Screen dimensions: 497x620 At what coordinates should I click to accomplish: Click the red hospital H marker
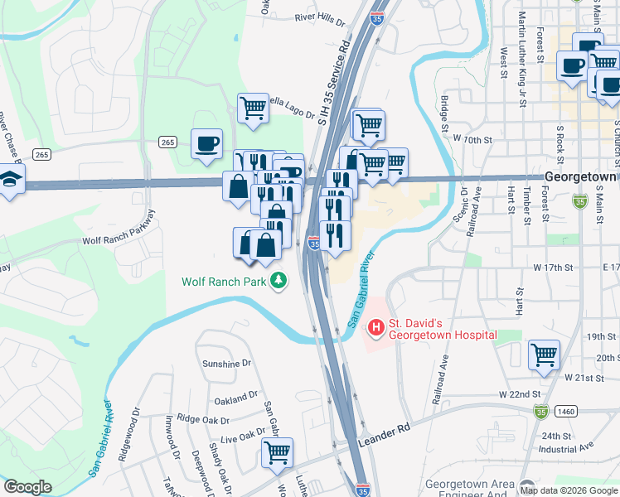click(376, 329)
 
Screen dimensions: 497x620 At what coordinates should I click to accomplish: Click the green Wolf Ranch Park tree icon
click(281, 282)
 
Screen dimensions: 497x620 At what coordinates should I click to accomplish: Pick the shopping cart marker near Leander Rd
click(278, 451)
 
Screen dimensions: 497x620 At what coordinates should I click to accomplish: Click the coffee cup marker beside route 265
click(206, 143)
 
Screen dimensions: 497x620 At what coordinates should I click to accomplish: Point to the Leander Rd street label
click(385, 437)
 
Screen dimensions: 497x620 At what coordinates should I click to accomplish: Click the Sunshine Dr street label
click(226, 364)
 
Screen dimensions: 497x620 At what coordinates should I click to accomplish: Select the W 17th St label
click(553, 268)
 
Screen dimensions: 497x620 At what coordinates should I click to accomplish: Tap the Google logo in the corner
click(27, 487)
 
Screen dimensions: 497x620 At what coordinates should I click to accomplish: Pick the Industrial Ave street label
click(566, 448)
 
